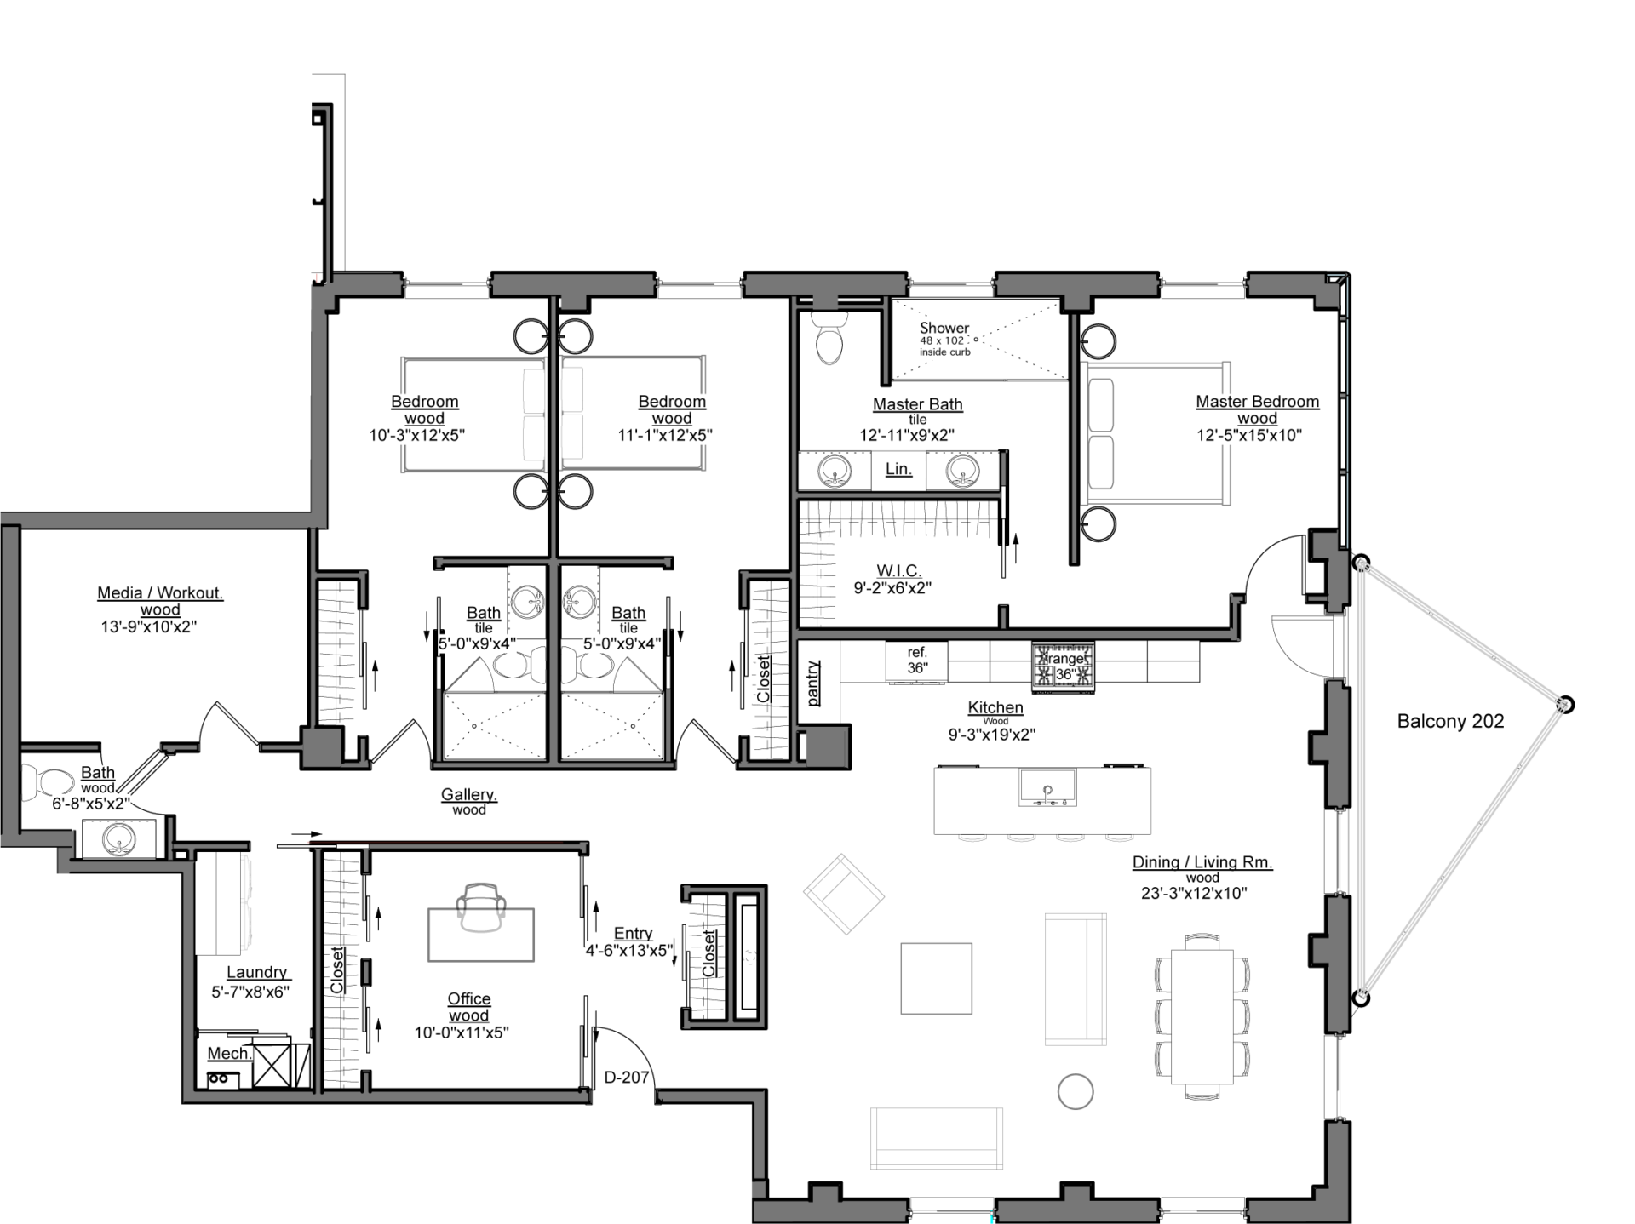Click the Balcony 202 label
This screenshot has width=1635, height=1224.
(x=1450, y=722)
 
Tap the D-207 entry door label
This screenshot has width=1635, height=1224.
(x=627, y=1078)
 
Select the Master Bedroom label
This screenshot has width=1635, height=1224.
(x=1257, y=402)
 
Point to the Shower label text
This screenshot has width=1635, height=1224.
(x=944, y=328)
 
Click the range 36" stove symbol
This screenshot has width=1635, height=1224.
(x=1063, y=666)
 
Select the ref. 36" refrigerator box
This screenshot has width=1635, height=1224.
(x=916, y=661)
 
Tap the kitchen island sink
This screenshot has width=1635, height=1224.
(x=1047, y=787)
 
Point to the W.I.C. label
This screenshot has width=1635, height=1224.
(x=898, y=571)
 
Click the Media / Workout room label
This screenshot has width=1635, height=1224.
(x=160, y=593)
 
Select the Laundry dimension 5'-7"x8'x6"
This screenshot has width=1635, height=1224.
(x=250, y=992)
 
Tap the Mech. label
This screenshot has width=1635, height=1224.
(x=229, y=1054)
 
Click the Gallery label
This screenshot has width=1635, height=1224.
(x=469, y=795)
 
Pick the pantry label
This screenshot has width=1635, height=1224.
(x=813, y=683)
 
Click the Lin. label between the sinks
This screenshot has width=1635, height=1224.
(x=898, y=469)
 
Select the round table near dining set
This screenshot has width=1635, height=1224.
(x=1075, y=1091)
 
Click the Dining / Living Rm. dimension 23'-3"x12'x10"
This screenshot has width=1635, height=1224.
(x=1194, y=894)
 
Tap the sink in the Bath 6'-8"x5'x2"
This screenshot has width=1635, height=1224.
(x=118, y=840)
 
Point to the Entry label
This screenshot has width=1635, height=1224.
(x=633, y=934)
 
